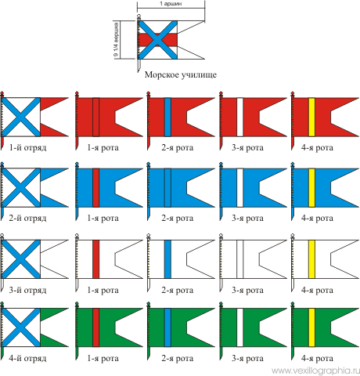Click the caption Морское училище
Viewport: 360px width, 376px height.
point(181,75)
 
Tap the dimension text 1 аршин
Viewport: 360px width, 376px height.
point(171,4)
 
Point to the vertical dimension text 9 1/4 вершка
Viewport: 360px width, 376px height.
point(116,40)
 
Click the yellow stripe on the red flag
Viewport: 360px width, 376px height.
point(311,117)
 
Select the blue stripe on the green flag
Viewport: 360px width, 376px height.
point(167,327)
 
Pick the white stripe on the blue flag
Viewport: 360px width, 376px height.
point(240,188)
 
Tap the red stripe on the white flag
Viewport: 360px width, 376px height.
point(96,259)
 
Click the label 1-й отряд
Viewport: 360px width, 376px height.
point(27,148)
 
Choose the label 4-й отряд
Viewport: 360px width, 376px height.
point(27,358)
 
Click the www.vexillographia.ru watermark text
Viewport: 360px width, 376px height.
point(315,371)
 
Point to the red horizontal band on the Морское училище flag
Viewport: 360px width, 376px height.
point(157,40)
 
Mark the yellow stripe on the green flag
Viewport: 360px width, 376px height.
point(311,327)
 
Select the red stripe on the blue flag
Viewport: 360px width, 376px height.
point(96,188)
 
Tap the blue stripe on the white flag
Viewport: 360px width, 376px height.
point(167,259)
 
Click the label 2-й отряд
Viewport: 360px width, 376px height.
point(27,218)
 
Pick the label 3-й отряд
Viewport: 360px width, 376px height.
point(27,290)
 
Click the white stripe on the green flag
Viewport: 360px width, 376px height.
point(240,327)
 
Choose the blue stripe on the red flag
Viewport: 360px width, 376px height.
point(167,117)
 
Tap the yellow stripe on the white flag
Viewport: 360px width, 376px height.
point(311,259)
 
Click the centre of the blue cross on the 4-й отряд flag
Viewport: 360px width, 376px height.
point(20,327)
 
